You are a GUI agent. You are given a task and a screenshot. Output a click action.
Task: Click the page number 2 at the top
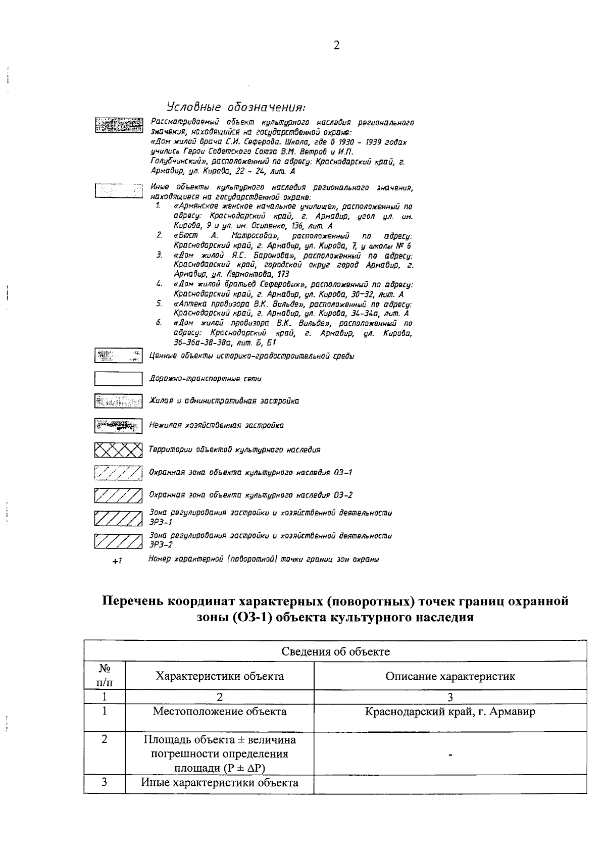[x=336, y=46]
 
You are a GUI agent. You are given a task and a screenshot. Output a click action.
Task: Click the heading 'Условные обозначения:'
[x=236, y=107]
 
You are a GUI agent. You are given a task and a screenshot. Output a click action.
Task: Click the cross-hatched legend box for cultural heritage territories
[x=118, y=449]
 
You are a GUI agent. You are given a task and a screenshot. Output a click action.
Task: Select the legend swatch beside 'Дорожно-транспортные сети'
[x=118, y=378]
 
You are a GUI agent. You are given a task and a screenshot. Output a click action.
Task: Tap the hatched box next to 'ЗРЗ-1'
[x=118, y=518]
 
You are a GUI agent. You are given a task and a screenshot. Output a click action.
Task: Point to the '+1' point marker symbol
[x=117, y=561]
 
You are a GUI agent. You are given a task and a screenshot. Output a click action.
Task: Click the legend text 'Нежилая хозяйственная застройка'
[x=216, y=425]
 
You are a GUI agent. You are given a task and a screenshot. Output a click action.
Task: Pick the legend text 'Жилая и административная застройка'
[x=224, y=401]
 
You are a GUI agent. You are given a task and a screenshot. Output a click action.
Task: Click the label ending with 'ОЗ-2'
[x=250, y=495]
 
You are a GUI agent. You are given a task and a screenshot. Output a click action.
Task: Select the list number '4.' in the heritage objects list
[x=159, y=285]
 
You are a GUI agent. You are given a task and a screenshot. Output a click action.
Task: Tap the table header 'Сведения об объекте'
[x=335, y=651]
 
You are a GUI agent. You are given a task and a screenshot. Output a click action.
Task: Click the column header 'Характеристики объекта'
[x=219, y=676]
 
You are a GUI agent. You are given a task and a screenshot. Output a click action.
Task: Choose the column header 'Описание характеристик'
[x=449, y=676]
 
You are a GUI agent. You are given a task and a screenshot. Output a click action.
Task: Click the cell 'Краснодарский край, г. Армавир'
[x=449, y=712]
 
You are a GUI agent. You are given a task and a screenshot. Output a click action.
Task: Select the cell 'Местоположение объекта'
[x=219, y=712]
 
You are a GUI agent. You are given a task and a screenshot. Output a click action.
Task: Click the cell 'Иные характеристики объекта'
[x=219, y=783]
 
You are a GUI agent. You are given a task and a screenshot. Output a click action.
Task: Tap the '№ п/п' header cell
[x=105, y=675]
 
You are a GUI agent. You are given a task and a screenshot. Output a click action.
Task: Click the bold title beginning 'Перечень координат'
[x=335, y=609]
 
